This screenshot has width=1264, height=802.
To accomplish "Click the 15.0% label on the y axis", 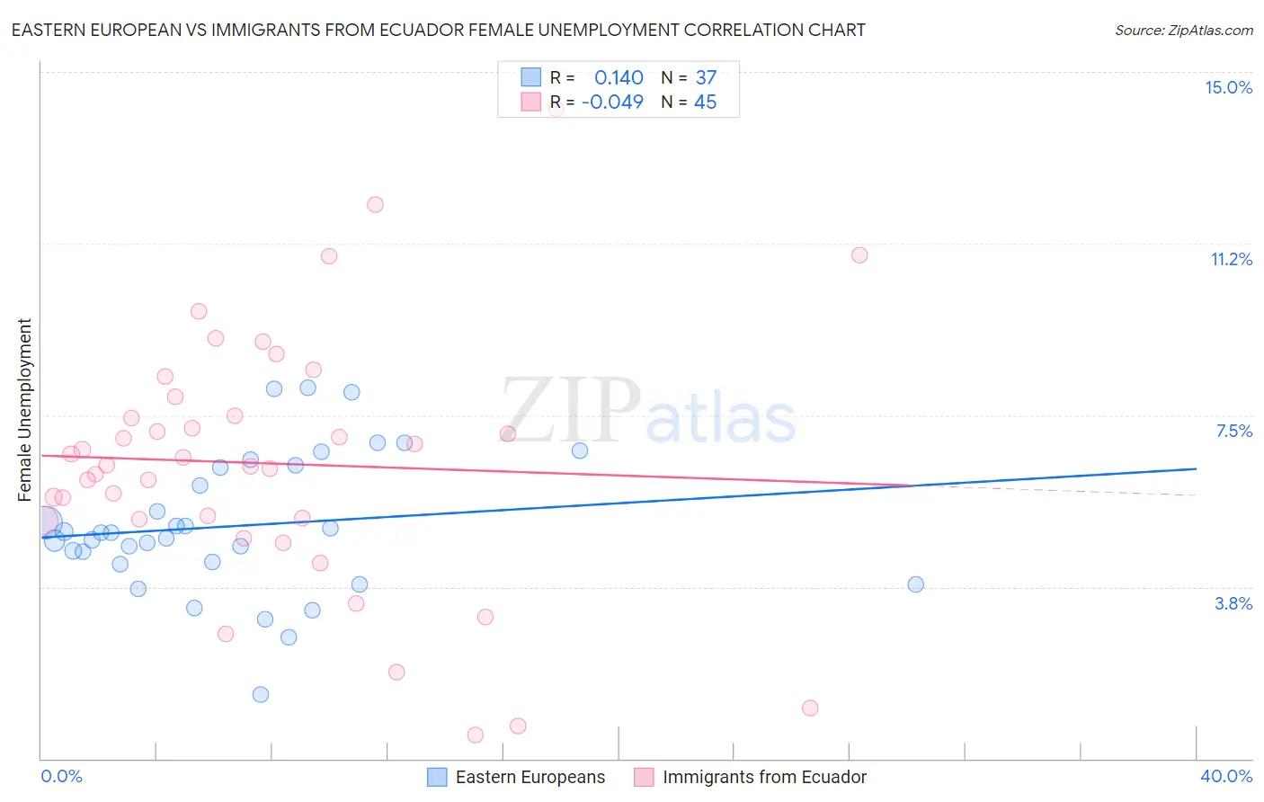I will pyautogui.click(x=1228, y=87).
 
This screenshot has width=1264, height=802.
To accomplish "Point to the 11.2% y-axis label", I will pyautogui.click(x=1231, y=259).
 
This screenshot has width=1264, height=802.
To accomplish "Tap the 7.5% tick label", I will pyautogui.click(x=1233, y=431).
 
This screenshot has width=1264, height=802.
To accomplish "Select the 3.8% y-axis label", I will pyautogui.click(x=1233, y=603).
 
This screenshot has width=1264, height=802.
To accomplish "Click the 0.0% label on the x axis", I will pyautogui.click(x=61, y=776).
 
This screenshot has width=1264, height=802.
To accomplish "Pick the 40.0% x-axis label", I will pyautogui.click(x=1225, y=776).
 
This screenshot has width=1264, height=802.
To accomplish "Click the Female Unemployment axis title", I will pyautogui.click(x=24, y=410).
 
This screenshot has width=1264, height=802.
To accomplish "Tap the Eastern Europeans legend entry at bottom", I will pyautogui.click(x=530, y=778).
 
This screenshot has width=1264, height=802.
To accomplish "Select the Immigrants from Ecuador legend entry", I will pyautogui.click(x=764, y=778).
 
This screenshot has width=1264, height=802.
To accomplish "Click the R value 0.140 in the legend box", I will pyautogui.click(x=619, y=78).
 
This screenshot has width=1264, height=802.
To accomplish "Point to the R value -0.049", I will pyautogui.click(x=612, y=102).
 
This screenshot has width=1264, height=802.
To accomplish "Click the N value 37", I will pyautogui.click(x=706, y=78).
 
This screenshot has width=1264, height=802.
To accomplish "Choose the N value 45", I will pyautogui.click(x=706, y=102).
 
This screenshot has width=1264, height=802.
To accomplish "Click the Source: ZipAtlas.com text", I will pyautogui.click(x=1183, y=31).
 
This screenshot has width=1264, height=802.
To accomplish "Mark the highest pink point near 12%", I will pyautogui.click(x=375, y=205).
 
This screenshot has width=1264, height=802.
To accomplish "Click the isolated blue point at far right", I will pyautogui.click(x=915, y=584).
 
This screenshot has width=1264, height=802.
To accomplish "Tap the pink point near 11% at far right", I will pyautogui.click(x=859, y=255).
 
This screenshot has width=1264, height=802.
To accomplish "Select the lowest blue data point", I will pyautogui.click(x=261, y=694).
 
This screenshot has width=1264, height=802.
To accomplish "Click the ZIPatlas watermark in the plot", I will pyautogui.click(x=648, y=412).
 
